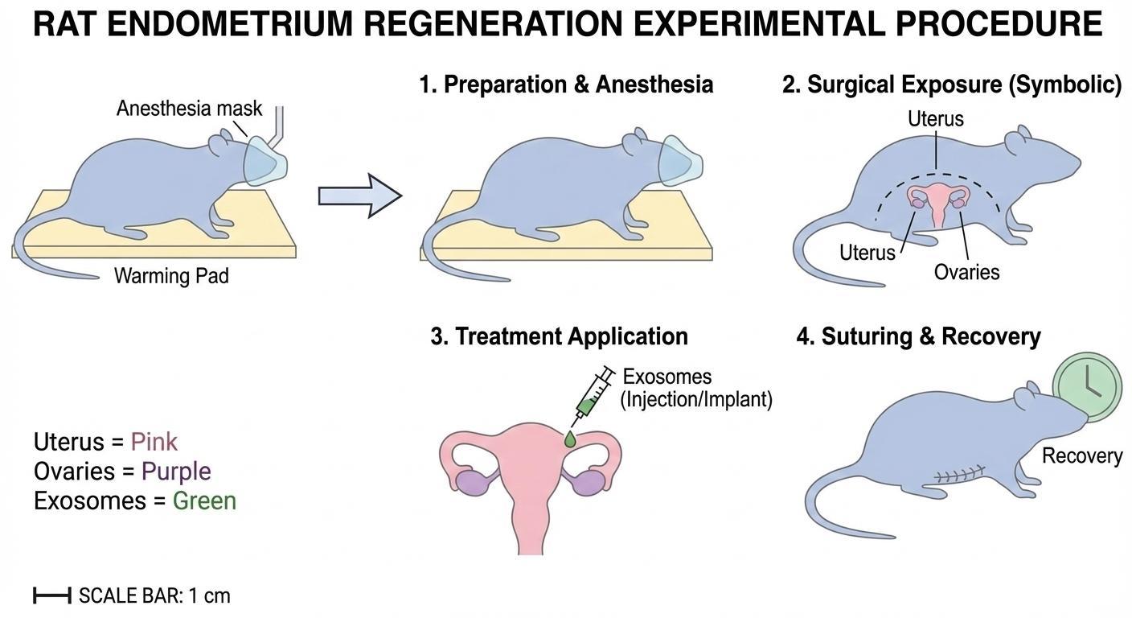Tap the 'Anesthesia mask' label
[189, 109]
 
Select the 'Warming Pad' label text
[171, 276]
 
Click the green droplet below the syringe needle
[570, 439]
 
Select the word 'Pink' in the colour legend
[154, 442]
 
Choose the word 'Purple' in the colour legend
[175, 472]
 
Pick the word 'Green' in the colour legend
[204, 501]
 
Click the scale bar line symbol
[52, 595]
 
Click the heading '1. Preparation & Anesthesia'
[566, 84]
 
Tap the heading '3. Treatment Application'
[559, 336]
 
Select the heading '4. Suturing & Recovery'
[918, 336]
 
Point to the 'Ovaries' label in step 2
[966, 272]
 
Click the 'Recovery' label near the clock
[1081, 455]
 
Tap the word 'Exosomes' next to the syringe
[666, 377]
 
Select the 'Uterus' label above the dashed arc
[935, 119]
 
